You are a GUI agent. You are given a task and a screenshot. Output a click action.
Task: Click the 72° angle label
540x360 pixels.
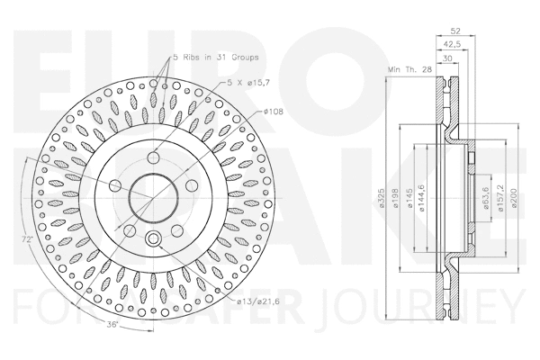(30, 240)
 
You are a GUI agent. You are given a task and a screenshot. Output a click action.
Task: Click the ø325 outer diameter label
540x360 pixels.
(382, 201)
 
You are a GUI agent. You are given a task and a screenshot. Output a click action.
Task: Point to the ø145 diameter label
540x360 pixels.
(409, 201)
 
